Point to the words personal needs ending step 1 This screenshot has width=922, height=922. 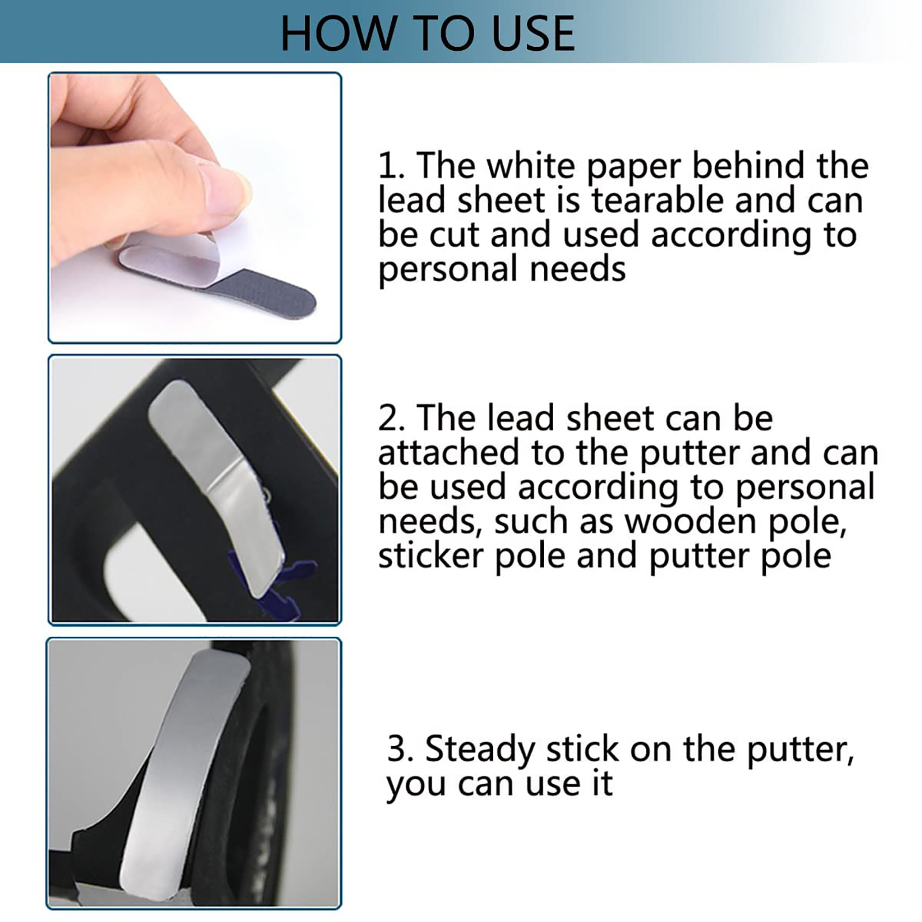point(502,270)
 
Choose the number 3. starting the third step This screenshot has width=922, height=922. point(400,749)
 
